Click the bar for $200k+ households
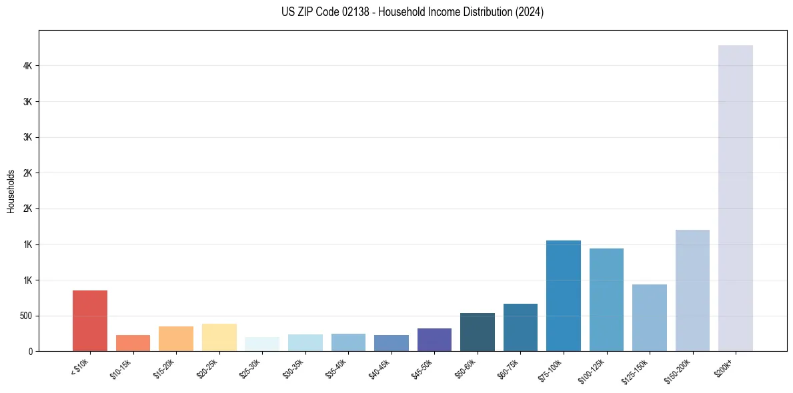click(x=735, y=198)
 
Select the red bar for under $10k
click(x=89, y=320)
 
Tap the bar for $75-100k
click(x=563, y=295)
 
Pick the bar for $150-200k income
click(x=692, y=290)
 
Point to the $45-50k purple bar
click(x=434, y=339)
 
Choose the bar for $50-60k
click(x=477, y=332)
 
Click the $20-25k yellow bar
click(x=219, y=337)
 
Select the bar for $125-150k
click(x=649, y=318)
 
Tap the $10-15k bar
click(x=133, y=342)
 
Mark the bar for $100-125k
click(x=606, y=299)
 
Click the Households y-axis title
click(x=11, y=191)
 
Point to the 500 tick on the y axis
click(x=25, y=316)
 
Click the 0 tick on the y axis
click(x=31, y=351)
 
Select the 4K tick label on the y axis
click(x=27, y=66)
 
